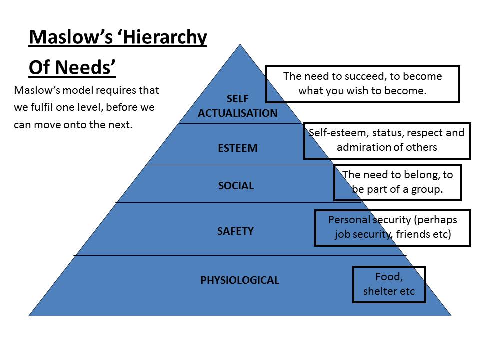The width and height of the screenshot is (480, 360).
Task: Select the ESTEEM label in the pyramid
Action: pos(237,148)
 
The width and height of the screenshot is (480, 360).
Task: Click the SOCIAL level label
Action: pos(236,186)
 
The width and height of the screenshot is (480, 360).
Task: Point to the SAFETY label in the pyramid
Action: pos(235,231)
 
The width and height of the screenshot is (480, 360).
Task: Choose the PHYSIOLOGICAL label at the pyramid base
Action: pos(240,280)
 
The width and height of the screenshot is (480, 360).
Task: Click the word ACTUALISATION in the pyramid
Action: pos(237,113)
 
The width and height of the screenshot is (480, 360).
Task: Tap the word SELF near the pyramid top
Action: pos(237,99)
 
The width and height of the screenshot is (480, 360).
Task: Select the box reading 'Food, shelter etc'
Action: pos(389,284)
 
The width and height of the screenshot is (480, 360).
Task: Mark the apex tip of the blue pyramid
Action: pos(240,45)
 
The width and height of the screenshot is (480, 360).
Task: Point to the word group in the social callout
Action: pos(427,190)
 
